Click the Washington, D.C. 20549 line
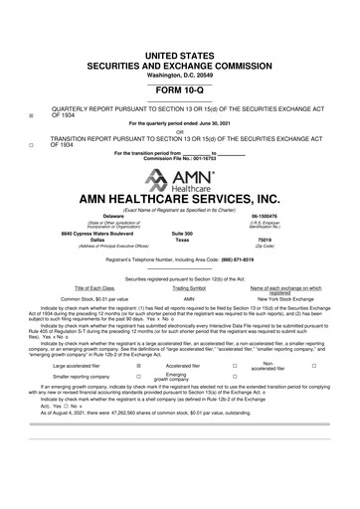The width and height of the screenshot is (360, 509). click(179, 47)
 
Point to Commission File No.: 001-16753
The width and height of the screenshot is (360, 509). click(179, 158)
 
